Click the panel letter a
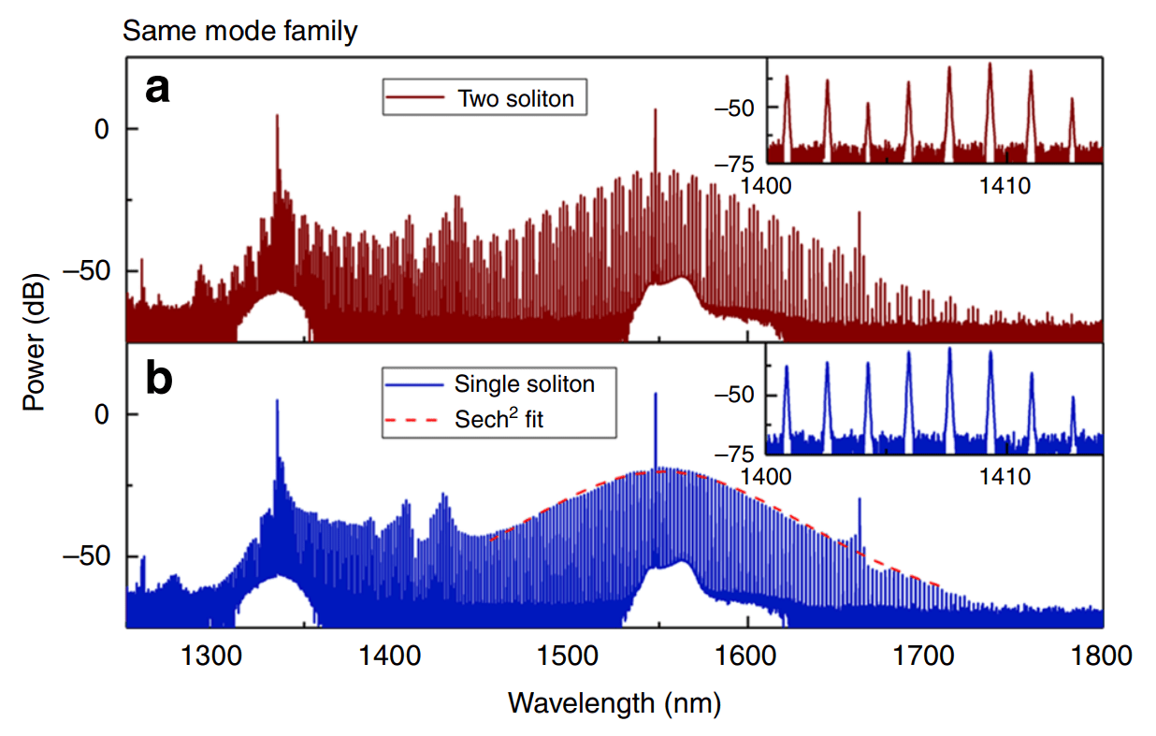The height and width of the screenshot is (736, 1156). [x=156, y=90]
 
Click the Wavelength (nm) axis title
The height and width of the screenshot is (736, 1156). [x=614, y=701]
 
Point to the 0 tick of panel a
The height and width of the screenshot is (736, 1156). [x=106, y=129]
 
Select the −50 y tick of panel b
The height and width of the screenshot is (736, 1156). [x=92, y=556]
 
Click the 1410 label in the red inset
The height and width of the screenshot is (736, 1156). [x=1005, y=186]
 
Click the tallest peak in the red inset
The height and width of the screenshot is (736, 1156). [x=990, y=65]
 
